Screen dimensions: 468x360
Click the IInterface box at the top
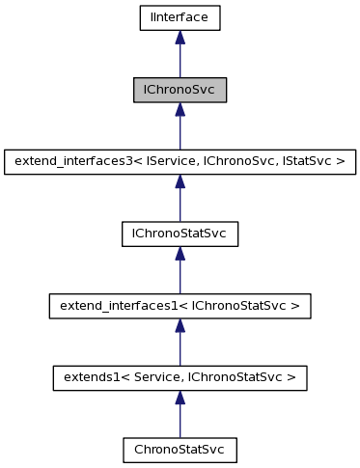point(180,17)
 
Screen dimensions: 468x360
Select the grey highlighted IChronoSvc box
point(180,90)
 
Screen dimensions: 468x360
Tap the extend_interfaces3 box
point(180,161)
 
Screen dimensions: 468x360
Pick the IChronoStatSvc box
point(180,234)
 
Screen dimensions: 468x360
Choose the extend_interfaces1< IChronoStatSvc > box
point(180,306)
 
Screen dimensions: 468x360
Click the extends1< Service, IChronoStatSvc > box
point(180,377)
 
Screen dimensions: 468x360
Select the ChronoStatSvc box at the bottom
point(180,450)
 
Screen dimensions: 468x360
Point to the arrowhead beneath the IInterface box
point(180,37)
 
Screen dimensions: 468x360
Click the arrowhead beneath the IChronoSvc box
point(180,109)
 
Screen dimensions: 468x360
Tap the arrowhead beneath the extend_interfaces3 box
point(180,180)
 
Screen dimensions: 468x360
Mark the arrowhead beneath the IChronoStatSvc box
point(180,253)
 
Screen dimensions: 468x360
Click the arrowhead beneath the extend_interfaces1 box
point(180,325)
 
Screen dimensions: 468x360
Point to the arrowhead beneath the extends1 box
point(180,397)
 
